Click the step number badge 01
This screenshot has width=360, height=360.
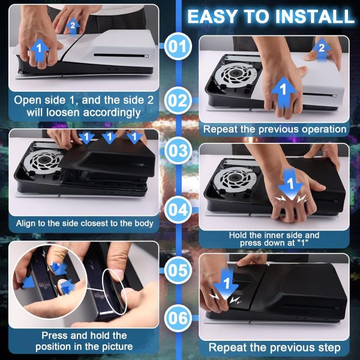click(x=178, y=46)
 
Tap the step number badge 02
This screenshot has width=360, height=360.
click(x=178, y=101)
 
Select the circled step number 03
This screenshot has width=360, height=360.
click(x=178, y=151)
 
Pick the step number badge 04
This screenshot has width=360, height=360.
click(x=178, y=210)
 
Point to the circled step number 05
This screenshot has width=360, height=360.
click(x=178, y=270)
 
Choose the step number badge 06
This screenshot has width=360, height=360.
click(x=178, y=318)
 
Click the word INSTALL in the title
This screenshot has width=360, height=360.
click(x=315, y=16)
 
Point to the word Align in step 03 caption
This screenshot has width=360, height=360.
click(x=25, y=223)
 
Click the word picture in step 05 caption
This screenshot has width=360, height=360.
click(x=118, y=346)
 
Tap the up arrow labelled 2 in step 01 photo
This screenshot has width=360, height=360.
click(x=73, y=26)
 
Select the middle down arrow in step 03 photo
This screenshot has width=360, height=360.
click(x=110, y=137)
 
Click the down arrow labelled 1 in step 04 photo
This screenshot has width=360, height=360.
click(x=290, y=185)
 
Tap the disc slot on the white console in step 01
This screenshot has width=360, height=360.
click(x=121, y=56)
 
